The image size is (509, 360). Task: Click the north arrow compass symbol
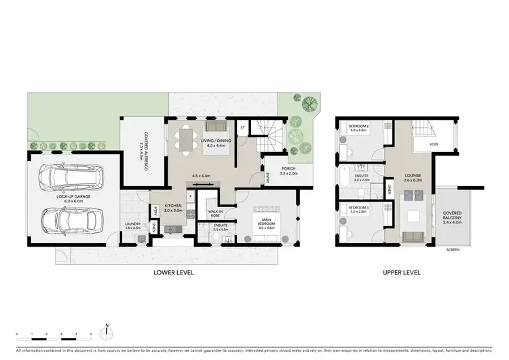107,331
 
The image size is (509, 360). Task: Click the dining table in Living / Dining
185,139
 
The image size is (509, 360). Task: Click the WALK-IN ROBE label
216,213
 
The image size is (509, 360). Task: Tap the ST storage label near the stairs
242,126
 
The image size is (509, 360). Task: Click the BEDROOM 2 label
358,128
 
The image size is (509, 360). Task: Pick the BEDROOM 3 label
358,209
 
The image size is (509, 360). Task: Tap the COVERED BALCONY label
452,217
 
